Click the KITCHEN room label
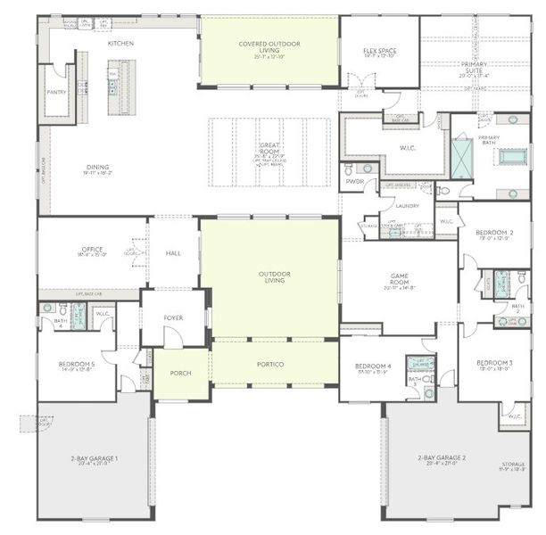(121, 43)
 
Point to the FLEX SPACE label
(381, 51)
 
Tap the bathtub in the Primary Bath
(511, 157)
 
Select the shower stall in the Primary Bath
(463, 160)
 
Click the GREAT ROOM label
(269, 148)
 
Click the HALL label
(173, 253)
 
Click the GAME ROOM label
(400, 279)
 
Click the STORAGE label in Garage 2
(511, 464)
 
